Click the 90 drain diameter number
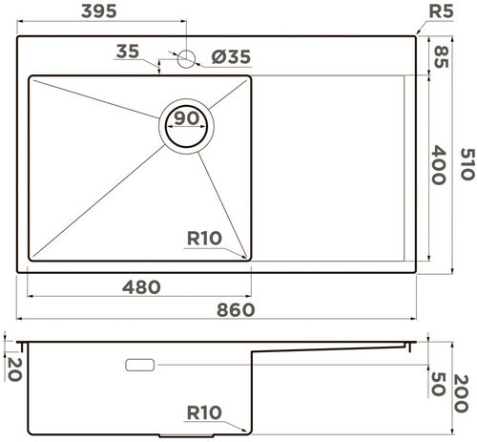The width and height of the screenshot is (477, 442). click(x=186, y=118)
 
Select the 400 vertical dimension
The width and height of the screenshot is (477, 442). click(x=440, y=166)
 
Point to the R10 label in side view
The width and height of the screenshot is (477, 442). click(x=206, y=414)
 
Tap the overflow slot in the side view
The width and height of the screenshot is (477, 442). click(x=140, y=365)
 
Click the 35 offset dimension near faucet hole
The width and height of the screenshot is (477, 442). click(x=127, y=52)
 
